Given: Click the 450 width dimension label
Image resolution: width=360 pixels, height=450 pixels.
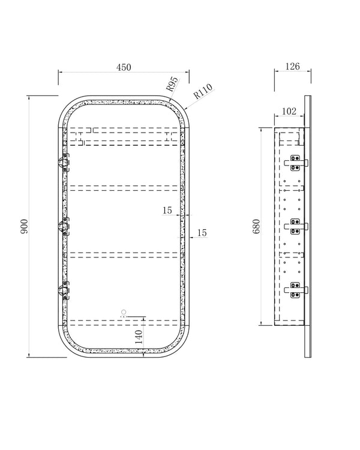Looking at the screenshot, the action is point(124,67).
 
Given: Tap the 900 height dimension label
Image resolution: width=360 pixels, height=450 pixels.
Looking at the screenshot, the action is point(25,226).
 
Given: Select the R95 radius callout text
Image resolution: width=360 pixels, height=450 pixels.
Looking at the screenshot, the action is point(172,84).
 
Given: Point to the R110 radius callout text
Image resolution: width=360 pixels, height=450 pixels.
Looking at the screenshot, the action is point(203,91).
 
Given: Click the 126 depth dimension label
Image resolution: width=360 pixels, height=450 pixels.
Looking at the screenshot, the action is point(292,66).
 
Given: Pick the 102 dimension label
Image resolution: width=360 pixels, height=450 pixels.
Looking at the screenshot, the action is point(289,111).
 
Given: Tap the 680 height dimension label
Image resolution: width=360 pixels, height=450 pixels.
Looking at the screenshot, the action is point(256,226).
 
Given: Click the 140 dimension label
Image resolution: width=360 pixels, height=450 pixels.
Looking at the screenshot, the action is point(139,337).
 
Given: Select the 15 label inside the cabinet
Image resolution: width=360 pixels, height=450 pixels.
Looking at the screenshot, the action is point(167,211).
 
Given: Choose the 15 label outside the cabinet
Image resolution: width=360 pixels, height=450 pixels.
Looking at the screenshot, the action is point(202,233).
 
